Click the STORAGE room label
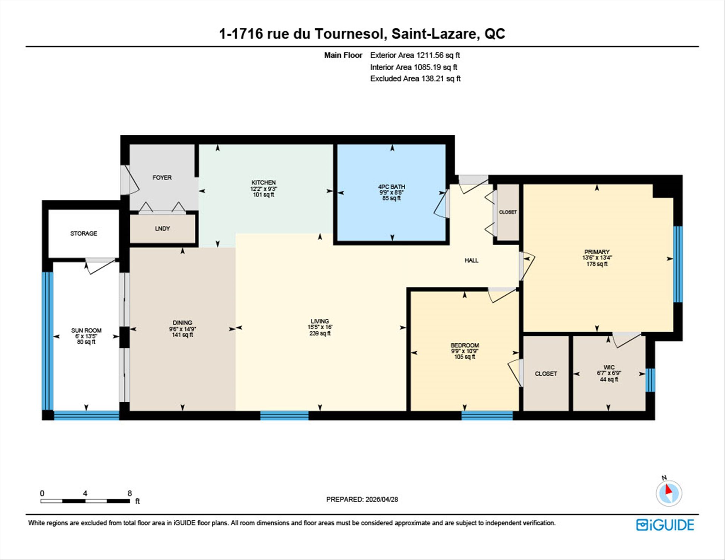(83, 233)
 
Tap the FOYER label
(162, 177)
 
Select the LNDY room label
(162, 228)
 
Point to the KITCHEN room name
(264, 182)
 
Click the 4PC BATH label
(392, 187)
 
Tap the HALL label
(471, 260)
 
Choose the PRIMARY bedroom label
(597, 252)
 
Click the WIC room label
(609, 367)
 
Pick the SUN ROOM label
(86, 330)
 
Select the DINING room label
(182, 322)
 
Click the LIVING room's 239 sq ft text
(320, 333)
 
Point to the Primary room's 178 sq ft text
(597, 264)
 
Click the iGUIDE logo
(665, 525)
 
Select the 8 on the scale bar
(130, 493)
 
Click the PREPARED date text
(362, 499)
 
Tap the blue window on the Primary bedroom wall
(678, 264)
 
